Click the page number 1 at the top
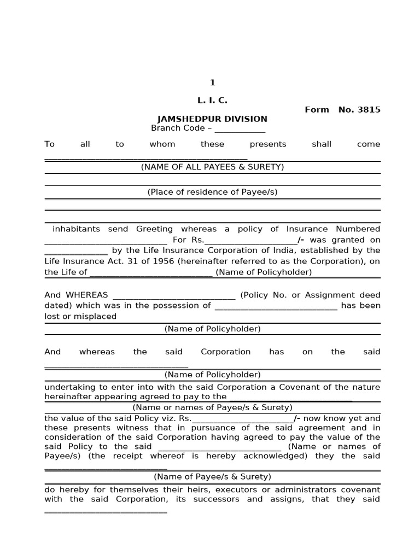[x=212, y=83]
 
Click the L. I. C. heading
[x=212, y=101]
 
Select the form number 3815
[x=369, y=109]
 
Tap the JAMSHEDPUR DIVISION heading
[x=212, y=119]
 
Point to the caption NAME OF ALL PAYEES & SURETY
[x=212, y=167]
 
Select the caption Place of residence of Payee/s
[x=212, y=192]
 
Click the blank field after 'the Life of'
[x=150, y=272]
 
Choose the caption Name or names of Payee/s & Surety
[x=212, y=407]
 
